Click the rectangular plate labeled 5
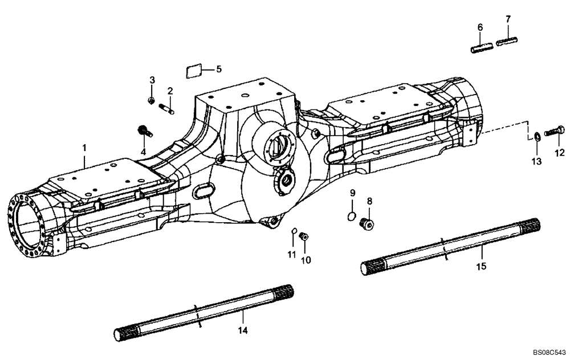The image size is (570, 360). point(194,71)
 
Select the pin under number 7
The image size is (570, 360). point(507,41)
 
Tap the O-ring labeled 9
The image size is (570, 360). point(352,215)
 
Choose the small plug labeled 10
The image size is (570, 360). point(304,236)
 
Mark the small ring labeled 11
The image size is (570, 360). point(294,232)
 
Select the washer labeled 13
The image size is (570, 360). point(538,137)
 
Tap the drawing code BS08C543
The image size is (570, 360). point(545,353)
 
